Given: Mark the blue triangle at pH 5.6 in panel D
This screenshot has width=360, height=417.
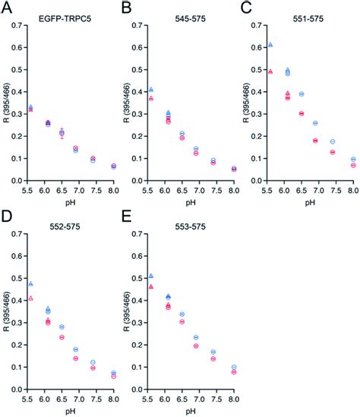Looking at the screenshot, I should (30, 284).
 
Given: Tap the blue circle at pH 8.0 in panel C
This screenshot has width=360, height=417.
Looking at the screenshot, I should (353, 160).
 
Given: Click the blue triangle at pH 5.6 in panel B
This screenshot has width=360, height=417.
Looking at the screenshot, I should (150, 90).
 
